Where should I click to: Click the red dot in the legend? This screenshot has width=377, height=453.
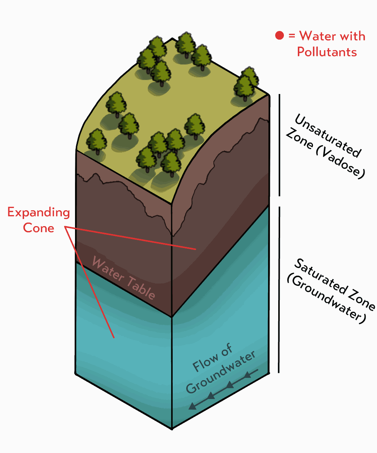[279, 36]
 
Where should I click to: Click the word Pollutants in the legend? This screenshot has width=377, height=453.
[327, 51]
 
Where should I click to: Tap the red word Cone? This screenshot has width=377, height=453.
[38, 228]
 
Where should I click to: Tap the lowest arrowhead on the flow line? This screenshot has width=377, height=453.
[193, 406]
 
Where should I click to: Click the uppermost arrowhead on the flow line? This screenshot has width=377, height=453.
[248, 375]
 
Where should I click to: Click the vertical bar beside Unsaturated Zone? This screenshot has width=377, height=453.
[279, 145]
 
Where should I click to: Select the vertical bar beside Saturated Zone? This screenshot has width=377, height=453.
[279, 289]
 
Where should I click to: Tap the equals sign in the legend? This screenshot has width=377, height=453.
[291, 36]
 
